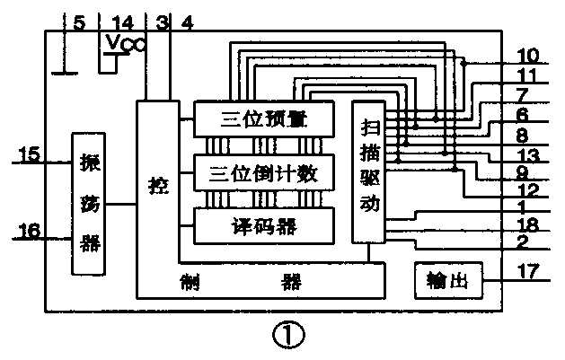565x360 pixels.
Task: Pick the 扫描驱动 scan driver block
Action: [370, 171]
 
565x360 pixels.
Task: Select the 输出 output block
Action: [447, 281]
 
